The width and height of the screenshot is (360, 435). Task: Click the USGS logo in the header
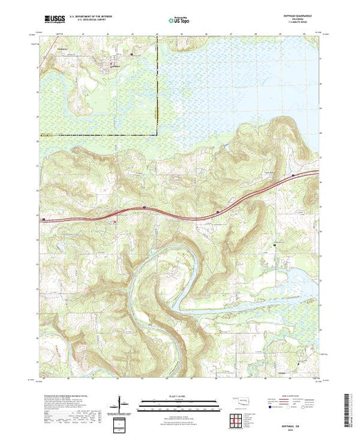54,21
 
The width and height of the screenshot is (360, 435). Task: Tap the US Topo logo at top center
177,22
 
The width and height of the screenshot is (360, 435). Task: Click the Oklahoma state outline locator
238,400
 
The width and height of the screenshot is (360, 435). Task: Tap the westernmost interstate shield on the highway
44,220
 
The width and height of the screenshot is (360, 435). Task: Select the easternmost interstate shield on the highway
294,175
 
